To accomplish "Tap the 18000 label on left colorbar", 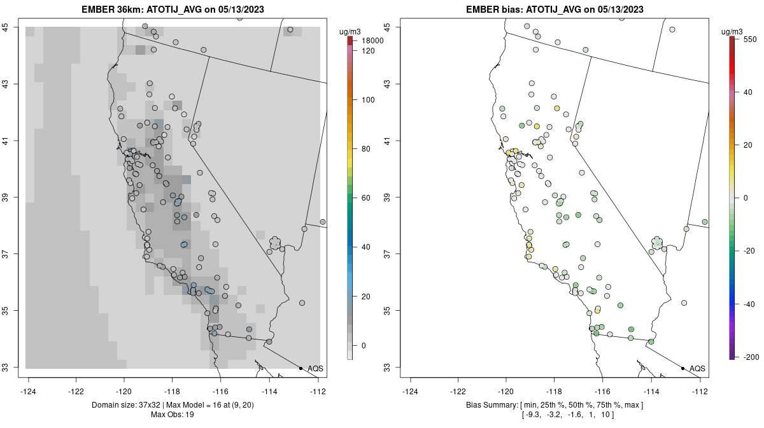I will (x=372, y=41).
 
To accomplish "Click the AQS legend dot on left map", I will (x=301, y=368).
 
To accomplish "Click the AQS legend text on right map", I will (x=697, y=368).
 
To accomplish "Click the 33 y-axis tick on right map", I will (x=388, y=367).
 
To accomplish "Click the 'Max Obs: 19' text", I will (x=172, y=415).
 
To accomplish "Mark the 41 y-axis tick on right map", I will (x=388, y=140).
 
